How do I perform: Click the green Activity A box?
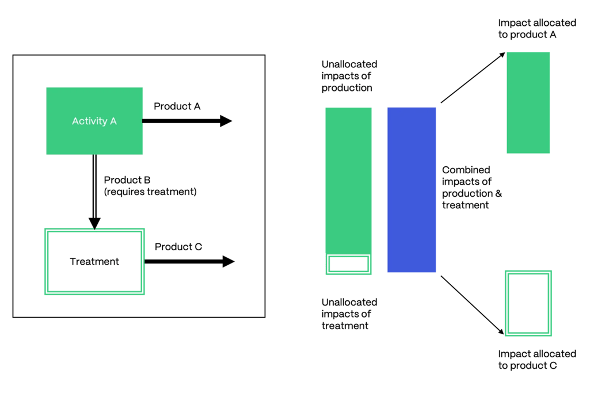pos(94,121)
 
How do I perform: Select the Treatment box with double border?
pos(94,262)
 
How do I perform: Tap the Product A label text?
pos(177,106)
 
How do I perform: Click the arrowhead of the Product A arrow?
pos(226,121)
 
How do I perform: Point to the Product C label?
pos(178,247)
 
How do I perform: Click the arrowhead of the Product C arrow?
pos(228,262)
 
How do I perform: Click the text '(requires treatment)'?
pos(150,192)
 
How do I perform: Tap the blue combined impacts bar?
pos(412,190)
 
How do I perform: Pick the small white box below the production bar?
pos(348,264)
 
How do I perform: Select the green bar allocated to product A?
pos(528,102)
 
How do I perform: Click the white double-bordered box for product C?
pos(528,303)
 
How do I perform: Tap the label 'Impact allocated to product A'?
pos(536,29)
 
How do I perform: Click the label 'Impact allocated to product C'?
pos(536,360)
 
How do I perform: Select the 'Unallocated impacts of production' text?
pos(349,76)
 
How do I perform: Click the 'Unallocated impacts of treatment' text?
pos(349,314)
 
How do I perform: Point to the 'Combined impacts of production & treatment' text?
pos(471,187)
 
